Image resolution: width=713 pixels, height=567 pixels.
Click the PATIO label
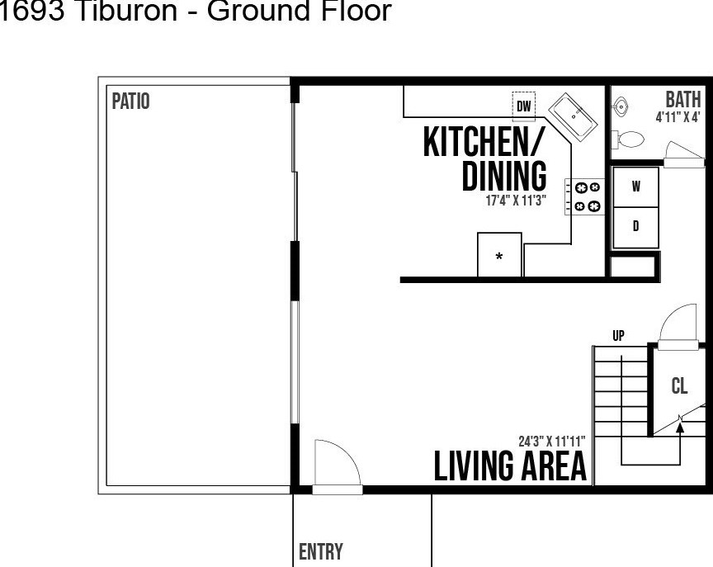[x=130, y=101]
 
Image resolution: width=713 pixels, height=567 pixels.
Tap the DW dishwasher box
[x=524, y=106]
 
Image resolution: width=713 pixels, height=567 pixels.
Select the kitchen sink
[x=573, y=115]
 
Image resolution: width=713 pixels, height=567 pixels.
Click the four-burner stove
[x=585, y=196]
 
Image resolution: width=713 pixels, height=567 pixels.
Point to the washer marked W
[x=635, y=187]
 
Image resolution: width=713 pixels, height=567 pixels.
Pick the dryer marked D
[x=635, y=227]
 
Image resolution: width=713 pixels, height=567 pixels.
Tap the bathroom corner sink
[x=619, y=107]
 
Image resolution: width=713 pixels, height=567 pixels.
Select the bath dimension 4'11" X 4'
[x=678, y=117]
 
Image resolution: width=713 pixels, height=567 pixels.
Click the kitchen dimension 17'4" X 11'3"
[x=516, y=201]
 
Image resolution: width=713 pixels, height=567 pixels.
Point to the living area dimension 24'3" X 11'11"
[x=551, y=441]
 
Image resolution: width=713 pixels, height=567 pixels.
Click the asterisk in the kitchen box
[x=498, y=257]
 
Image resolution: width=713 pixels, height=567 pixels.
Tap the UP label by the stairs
[x=618, y=336]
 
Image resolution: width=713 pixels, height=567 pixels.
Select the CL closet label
[x=679, y=385]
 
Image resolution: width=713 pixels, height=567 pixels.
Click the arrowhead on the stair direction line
[x=680, y=427]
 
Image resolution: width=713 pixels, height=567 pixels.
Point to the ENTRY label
[x=320, y=551]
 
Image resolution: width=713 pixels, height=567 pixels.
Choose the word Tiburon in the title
[x=125, y=11]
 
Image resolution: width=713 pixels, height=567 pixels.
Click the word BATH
[x=683, y=100]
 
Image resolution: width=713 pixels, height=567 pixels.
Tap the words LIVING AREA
[x=510, y=465]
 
